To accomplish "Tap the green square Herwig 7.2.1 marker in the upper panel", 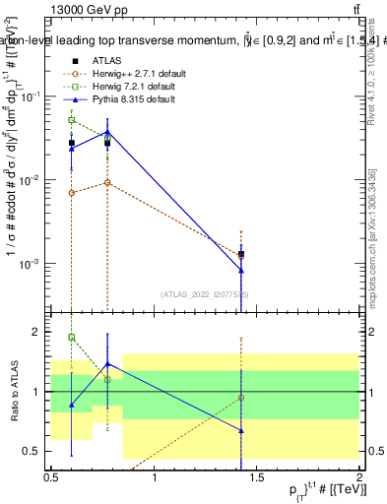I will [71, 120].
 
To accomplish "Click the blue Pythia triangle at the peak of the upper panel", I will [107, 132].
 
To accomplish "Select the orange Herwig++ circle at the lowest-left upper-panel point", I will [71, 193].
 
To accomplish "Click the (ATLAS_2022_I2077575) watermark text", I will [205, 294].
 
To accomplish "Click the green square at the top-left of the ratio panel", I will [71, 338].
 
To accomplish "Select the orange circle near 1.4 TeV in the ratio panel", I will [241, 398].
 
